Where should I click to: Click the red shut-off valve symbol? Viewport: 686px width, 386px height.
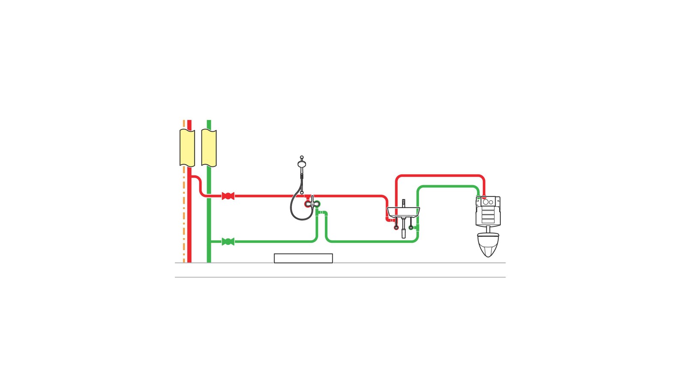tap(228, 196)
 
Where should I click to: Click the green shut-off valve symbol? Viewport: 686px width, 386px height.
tap(228, 241)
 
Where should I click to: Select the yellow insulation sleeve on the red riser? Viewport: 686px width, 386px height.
tap(187, 148)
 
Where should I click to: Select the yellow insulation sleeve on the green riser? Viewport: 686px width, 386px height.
tap(209, 148)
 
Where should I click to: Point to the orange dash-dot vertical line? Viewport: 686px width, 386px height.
tap(184, 214)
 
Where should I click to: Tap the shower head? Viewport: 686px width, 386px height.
tap(302, 163)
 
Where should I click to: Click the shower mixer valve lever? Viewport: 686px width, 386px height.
tap(312, 201)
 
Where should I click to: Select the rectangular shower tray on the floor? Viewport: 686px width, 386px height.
tap(303, 258)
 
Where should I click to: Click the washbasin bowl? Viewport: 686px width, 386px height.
tap(403, 211)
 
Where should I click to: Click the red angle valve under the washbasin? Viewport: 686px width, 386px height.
tap(396, 227)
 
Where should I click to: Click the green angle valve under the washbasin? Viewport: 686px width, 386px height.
tap(411, 227)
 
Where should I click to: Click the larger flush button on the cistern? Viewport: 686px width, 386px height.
tap(486, 202)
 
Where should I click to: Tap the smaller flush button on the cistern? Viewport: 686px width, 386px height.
tap(491, 202)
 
